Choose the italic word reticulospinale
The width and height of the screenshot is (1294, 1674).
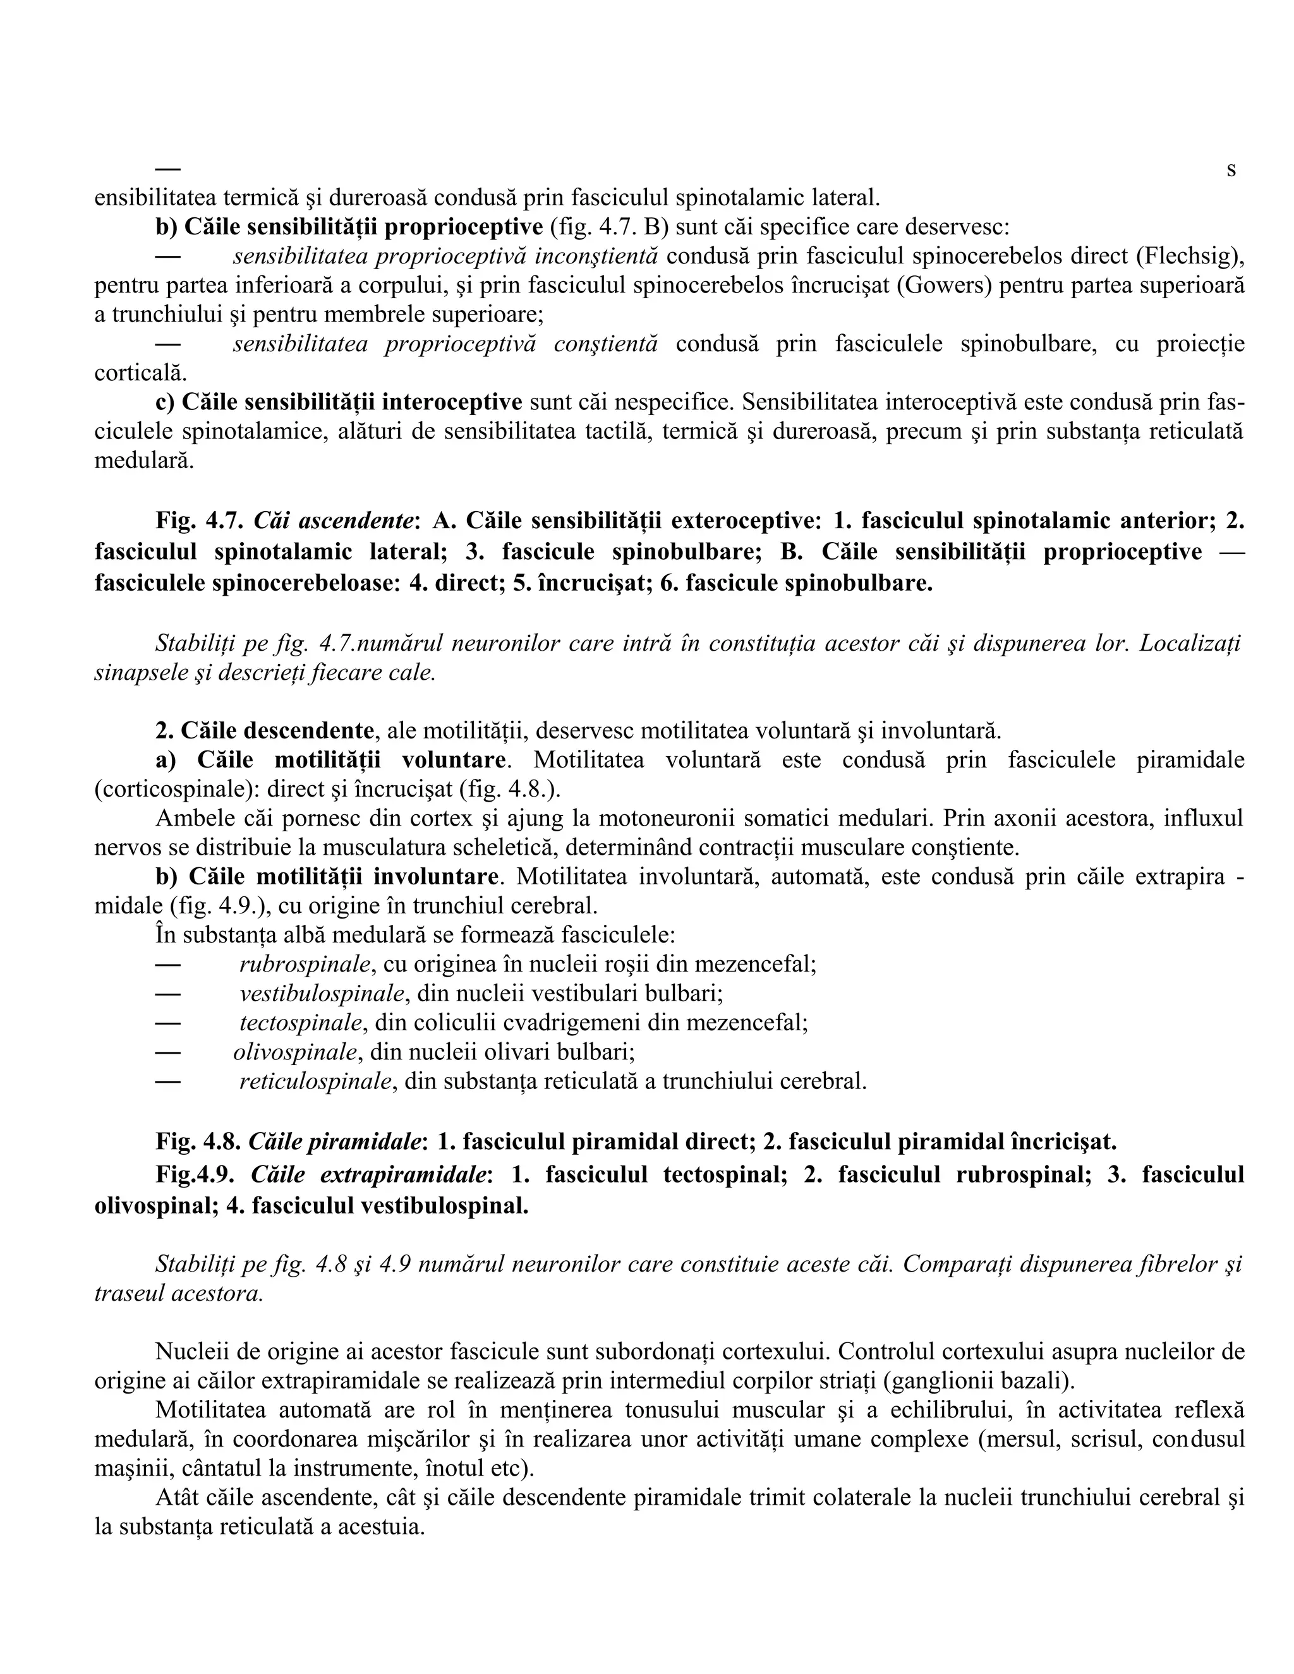point(316,1081)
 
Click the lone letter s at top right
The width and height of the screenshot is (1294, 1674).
point(1231,169)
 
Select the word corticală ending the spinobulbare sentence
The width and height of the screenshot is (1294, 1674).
point(139,373)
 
